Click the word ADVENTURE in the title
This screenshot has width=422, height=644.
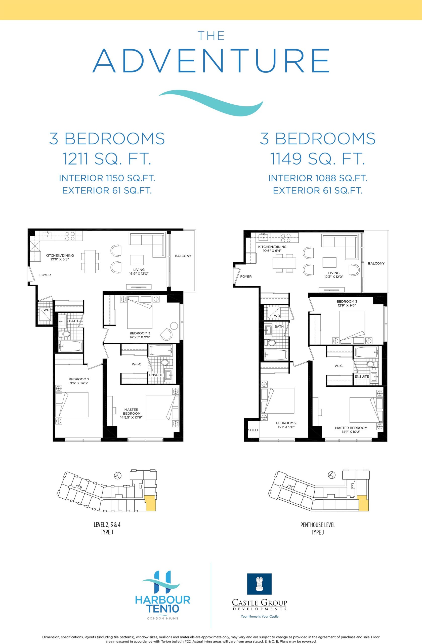pyautogui.click(x=211, y=61)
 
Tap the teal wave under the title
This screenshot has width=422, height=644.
pyautogui.click(x=211, y=103)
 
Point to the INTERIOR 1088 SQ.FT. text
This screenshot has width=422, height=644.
pyautogui.click(x=318, y=178)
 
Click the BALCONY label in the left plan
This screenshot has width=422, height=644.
pyautogui.click(x=183, y=256)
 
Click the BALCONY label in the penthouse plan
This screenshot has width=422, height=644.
pyautogui.click(x=376, y=263)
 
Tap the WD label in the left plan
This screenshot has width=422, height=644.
pyautogui.click(x=47, y=310)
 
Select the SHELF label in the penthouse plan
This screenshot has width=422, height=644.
pyautogui.click(x=254, y=430)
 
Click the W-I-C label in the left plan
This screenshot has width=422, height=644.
pyautogui.click(x=137, y=364)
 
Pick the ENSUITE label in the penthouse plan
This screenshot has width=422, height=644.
pyautogui.click(x=362, y=376)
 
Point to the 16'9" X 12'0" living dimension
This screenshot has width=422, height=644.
pyautogui.click(x=139, y=273)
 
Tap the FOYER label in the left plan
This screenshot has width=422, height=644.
pyautogui.click(x=45, y=275)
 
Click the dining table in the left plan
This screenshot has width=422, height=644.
pyautogui.click(x=90, y=261)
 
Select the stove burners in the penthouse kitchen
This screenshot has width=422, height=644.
pyautogui.click(x=286, y=237)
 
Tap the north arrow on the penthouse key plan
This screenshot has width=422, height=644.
pyautogui.click(x=331, y=475)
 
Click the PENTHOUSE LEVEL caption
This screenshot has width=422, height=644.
pyautogui.click(x=318, y=525)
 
